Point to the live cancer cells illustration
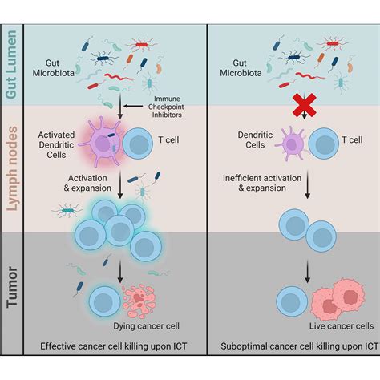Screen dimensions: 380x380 point(332,298)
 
